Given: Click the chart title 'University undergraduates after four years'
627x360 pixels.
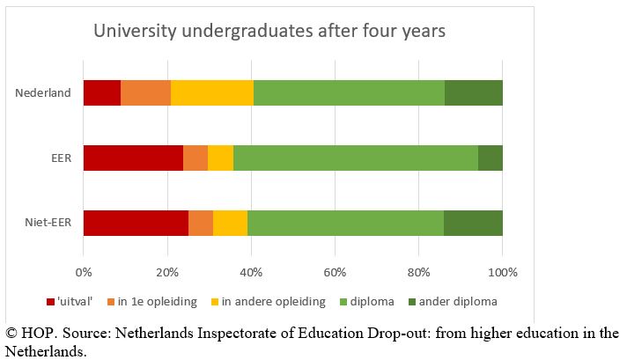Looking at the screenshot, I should click(270, 32).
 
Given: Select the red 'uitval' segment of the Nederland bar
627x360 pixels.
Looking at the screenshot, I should click(102, 92).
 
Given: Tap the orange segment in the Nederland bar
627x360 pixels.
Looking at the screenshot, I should click(145, 92).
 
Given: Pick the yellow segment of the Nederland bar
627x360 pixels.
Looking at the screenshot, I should click(212, 92).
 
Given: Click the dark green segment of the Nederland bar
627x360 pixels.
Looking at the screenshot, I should click(473, 92).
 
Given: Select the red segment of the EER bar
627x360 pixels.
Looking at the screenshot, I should click(133, 158).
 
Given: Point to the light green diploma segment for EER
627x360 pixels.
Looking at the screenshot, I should click(356, 158).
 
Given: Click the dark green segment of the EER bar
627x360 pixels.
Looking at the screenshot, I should click(491, 158).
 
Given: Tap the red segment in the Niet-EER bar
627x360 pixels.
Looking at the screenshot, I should click(136, 223).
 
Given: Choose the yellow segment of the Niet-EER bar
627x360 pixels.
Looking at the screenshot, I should click(230, 223).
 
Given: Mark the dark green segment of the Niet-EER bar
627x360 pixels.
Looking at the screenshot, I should click(473, 223).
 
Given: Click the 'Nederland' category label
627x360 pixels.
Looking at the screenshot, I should click(43, 92).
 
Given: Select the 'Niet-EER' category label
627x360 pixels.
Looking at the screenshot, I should click(48, 223).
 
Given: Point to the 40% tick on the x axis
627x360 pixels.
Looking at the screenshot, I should click(251, 270).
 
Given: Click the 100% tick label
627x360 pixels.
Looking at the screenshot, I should click(502, 270).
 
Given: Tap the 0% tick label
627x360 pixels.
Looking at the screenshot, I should click(84, 270).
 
